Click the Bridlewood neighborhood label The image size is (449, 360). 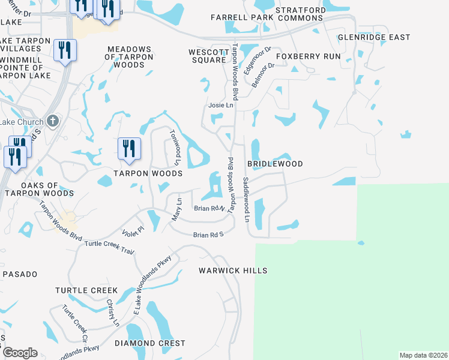coord(275,164)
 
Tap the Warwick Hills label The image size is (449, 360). coord(233,271)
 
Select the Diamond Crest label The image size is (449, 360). coord(150,344)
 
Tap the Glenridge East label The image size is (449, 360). coord(374,37)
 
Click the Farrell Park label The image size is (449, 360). coord(242,18)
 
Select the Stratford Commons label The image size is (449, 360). coord(300,14)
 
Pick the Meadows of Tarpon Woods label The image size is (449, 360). coord(129,57)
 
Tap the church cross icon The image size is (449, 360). coord(53,121)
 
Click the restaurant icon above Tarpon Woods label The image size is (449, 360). coord(129,148)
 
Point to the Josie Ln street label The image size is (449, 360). coord(220,105)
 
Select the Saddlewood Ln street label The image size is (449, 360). coord(246,199)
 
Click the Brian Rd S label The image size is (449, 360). coord(208,235)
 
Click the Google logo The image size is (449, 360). coord(20,353)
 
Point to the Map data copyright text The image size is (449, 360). coord(423,355)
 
